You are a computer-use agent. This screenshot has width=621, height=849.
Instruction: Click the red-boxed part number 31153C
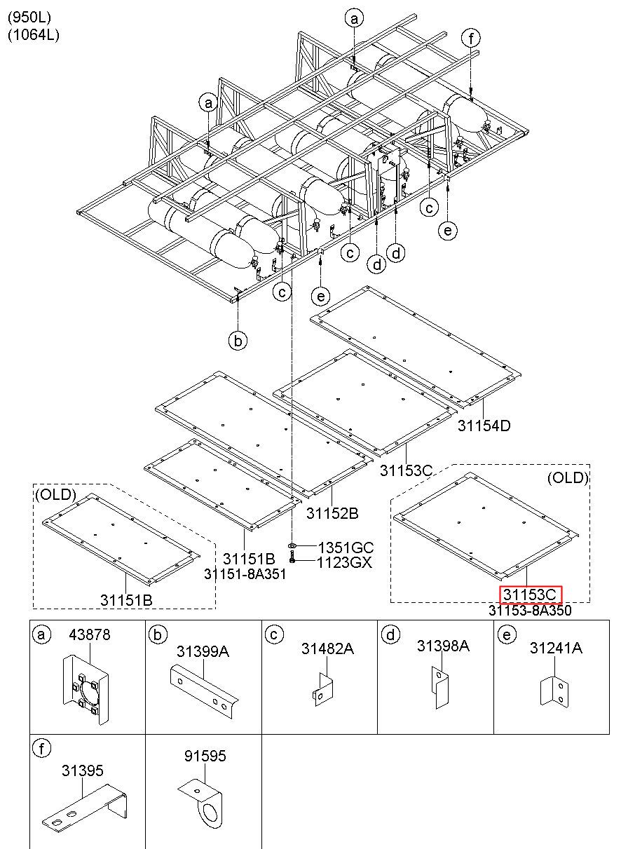[531, 595]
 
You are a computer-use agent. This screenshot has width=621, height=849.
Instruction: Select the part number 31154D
[484, 426]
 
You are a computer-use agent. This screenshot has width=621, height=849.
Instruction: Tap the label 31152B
[332, 513]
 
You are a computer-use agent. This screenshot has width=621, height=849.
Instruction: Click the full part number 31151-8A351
[245, 574]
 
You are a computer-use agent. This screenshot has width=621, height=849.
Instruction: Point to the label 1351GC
[345, 548]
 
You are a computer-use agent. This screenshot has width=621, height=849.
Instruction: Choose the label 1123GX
[344, 562]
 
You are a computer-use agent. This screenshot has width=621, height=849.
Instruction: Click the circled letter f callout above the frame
[471, 39]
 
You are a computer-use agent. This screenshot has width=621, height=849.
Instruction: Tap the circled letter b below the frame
[238, 340]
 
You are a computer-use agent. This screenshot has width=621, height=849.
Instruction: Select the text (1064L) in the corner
[34, 35]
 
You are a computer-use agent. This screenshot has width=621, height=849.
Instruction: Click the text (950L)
[29, 17]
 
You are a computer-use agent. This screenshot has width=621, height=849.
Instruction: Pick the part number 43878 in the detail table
[90, 635]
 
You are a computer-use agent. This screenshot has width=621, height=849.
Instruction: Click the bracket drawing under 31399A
[204, 692]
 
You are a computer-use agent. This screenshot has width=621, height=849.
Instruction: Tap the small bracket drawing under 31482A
[323, 689]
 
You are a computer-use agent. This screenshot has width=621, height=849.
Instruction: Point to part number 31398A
[443, 646]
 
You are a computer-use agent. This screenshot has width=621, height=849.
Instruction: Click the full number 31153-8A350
[530, 610]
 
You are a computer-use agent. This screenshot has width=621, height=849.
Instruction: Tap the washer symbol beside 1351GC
[292, 545]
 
